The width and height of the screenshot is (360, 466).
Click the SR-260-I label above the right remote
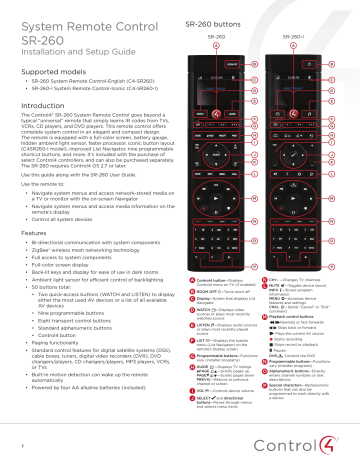coord(293,36)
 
